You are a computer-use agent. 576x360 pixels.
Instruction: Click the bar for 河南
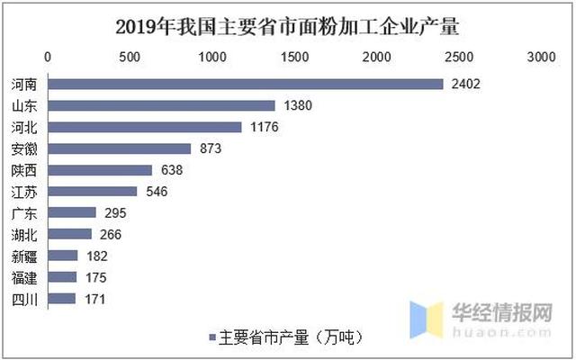(245, 84)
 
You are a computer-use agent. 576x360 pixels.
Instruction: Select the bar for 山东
(161, 105)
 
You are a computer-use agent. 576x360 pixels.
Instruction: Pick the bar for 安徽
(119, 148)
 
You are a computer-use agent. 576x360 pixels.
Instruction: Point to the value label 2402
(465, 84)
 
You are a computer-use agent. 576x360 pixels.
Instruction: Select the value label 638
(170, 170)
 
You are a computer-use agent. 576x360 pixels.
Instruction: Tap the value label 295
(116, 212)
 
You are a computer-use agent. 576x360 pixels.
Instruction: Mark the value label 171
(95, 298)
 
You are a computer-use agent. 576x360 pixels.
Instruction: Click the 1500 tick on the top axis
(294, 57)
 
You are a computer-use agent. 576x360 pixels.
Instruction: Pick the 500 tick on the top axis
(130, 57)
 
